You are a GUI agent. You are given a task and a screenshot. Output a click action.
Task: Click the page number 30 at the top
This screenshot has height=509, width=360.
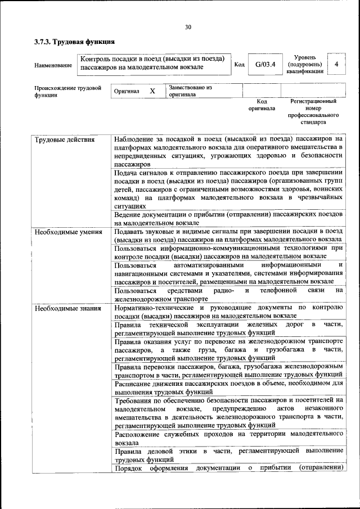(188, 26)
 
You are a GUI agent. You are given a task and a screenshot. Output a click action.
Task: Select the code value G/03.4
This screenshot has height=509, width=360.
(264, 64)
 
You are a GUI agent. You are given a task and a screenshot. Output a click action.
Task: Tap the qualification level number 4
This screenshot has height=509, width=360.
(336, 64)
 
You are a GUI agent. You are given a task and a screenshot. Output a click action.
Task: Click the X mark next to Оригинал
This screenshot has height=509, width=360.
(152, 91)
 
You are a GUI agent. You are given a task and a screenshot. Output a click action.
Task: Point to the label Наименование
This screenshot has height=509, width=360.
(53, 65)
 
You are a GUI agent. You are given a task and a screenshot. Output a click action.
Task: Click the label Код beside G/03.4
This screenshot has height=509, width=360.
(239, 64)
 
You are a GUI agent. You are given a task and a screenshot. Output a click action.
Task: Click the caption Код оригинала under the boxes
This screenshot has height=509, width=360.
(262, 105)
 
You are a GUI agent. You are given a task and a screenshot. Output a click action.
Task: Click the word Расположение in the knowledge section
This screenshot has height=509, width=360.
(138, 435)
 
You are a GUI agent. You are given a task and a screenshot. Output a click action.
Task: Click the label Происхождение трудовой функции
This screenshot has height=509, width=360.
(67, 92)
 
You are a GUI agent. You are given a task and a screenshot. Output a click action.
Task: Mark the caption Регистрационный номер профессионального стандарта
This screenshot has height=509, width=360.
(313, 111)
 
